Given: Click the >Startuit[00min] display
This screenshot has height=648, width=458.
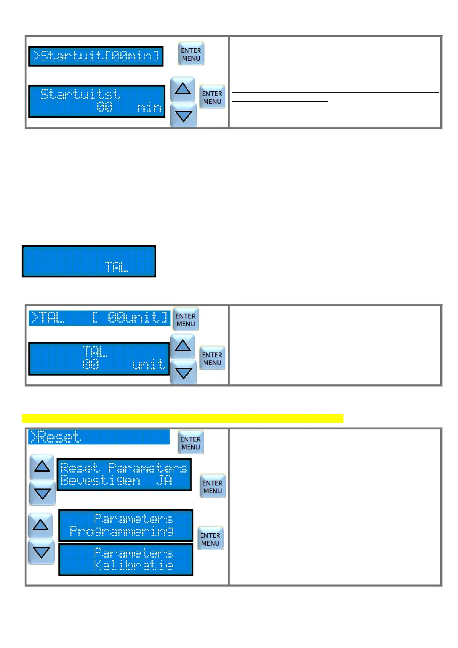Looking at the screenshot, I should click(x=96, y=56).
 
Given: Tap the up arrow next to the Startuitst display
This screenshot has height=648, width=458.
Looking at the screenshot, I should click(x=183, y=89).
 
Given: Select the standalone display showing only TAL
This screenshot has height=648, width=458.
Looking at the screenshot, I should click(x=89, y=261).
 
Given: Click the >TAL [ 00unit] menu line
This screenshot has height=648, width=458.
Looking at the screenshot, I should click(x=99, y=318).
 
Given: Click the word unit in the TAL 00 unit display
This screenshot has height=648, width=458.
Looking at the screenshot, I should click(x=148, y=364).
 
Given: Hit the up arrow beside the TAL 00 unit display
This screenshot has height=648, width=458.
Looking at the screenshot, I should click(x=183, y=346).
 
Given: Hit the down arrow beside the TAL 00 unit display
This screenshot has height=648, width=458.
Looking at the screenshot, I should click(x=183, y=372).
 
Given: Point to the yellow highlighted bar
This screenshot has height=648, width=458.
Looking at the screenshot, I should click(x=182, y=418).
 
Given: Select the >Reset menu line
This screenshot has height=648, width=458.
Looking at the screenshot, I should click(x=99, y=437).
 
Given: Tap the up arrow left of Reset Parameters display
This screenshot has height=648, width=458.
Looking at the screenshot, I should click(x=42, y=466).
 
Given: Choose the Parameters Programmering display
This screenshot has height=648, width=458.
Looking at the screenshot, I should click(x=126, y=525).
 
